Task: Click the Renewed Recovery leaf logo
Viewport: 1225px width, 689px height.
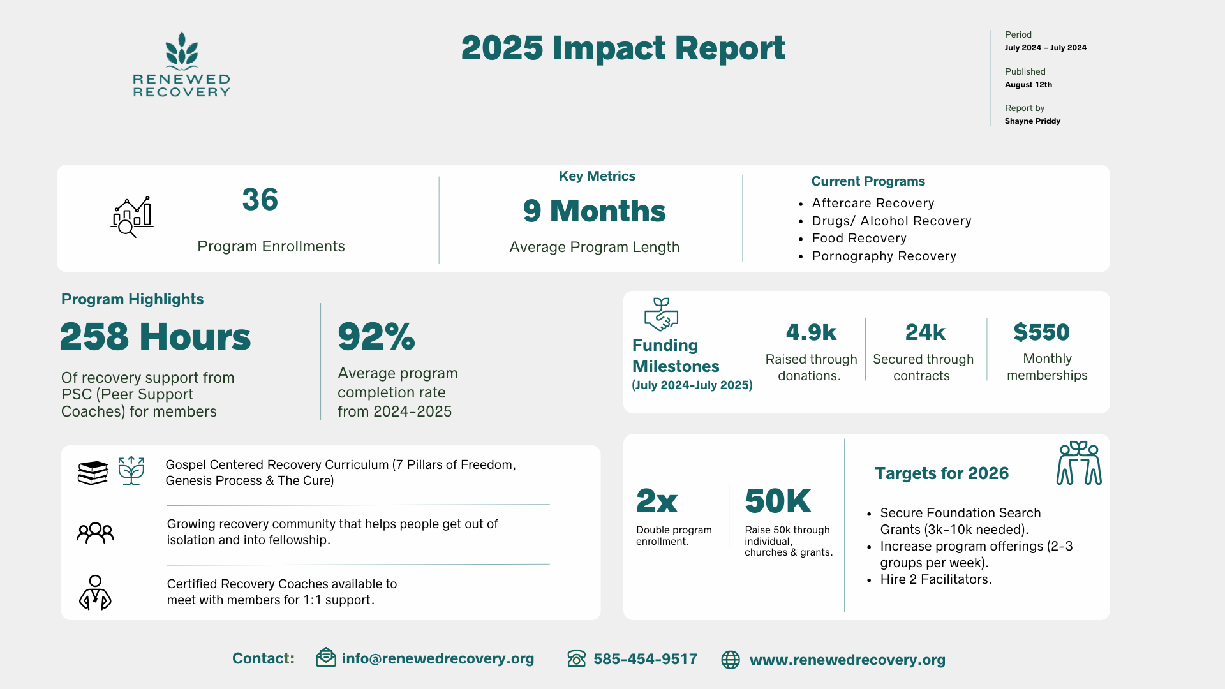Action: [x=182, y=51]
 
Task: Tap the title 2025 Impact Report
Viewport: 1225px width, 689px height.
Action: [x=623, y=48]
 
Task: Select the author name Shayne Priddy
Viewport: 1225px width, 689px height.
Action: [x=1032, y=121]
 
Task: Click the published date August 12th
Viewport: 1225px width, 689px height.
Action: [x=1028, y=85]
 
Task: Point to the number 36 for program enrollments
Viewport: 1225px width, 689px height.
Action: [x=260, y=200]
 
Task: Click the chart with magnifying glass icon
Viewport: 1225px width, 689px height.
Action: [x=132, y=217]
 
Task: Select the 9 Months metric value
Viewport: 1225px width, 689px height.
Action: [x=594, y=211]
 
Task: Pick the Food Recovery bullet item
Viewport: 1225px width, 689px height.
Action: [x=859, y=239]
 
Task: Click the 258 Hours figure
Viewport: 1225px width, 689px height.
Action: [x=155, y=336]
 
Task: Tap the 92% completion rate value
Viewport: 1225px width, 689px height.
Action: [x=376, y=336]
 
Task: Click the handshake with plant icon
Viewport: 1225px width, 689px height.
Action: [x=661, y=314]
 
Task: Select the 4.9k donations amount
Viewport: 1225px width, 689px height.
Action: [x=811, y=332]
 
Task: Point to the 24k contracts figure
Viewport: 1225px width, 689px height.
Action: [x=925, y=332]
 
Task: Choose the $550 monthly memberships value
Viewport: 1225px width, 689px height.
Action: [x=1041, y=332]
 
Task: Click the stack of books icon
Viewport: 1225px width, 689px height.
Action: [x=93, y=473]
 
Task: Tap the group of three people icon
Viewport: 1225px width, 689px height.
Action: [x=95, y=533]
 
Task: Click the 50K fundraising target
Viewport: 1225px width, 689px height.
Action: [x=778, y=501]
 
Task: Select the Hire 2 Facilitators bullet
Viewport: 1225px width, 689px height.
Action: [x=935, y=580]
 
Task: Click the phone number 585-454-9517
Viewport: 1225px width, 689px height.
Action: [x=645, y=659]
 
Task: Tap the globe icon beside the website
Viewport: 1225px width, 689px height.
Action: [x=731, y=660]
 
